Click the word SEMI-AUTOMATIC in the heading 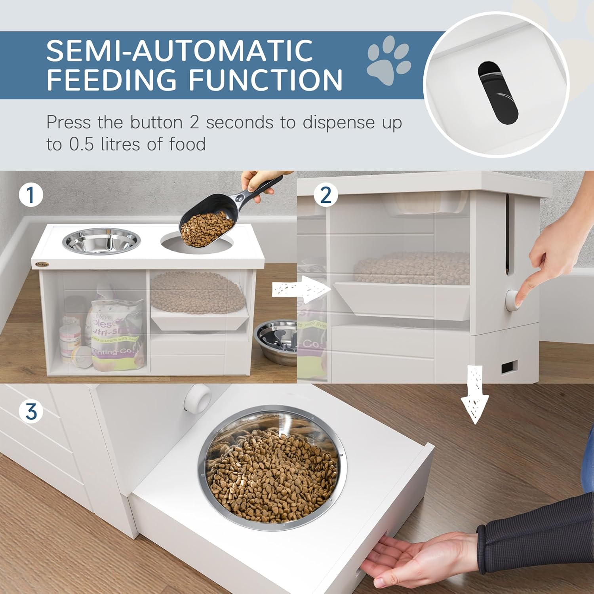click(179, 50)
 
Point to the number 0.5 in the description click(82, 144)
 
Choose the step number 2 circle click(326, 195)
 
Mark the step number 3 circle click(31, 412)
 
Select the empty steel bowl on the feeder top click(101, 241)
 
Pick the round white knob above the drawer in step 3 click(197, 398)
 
